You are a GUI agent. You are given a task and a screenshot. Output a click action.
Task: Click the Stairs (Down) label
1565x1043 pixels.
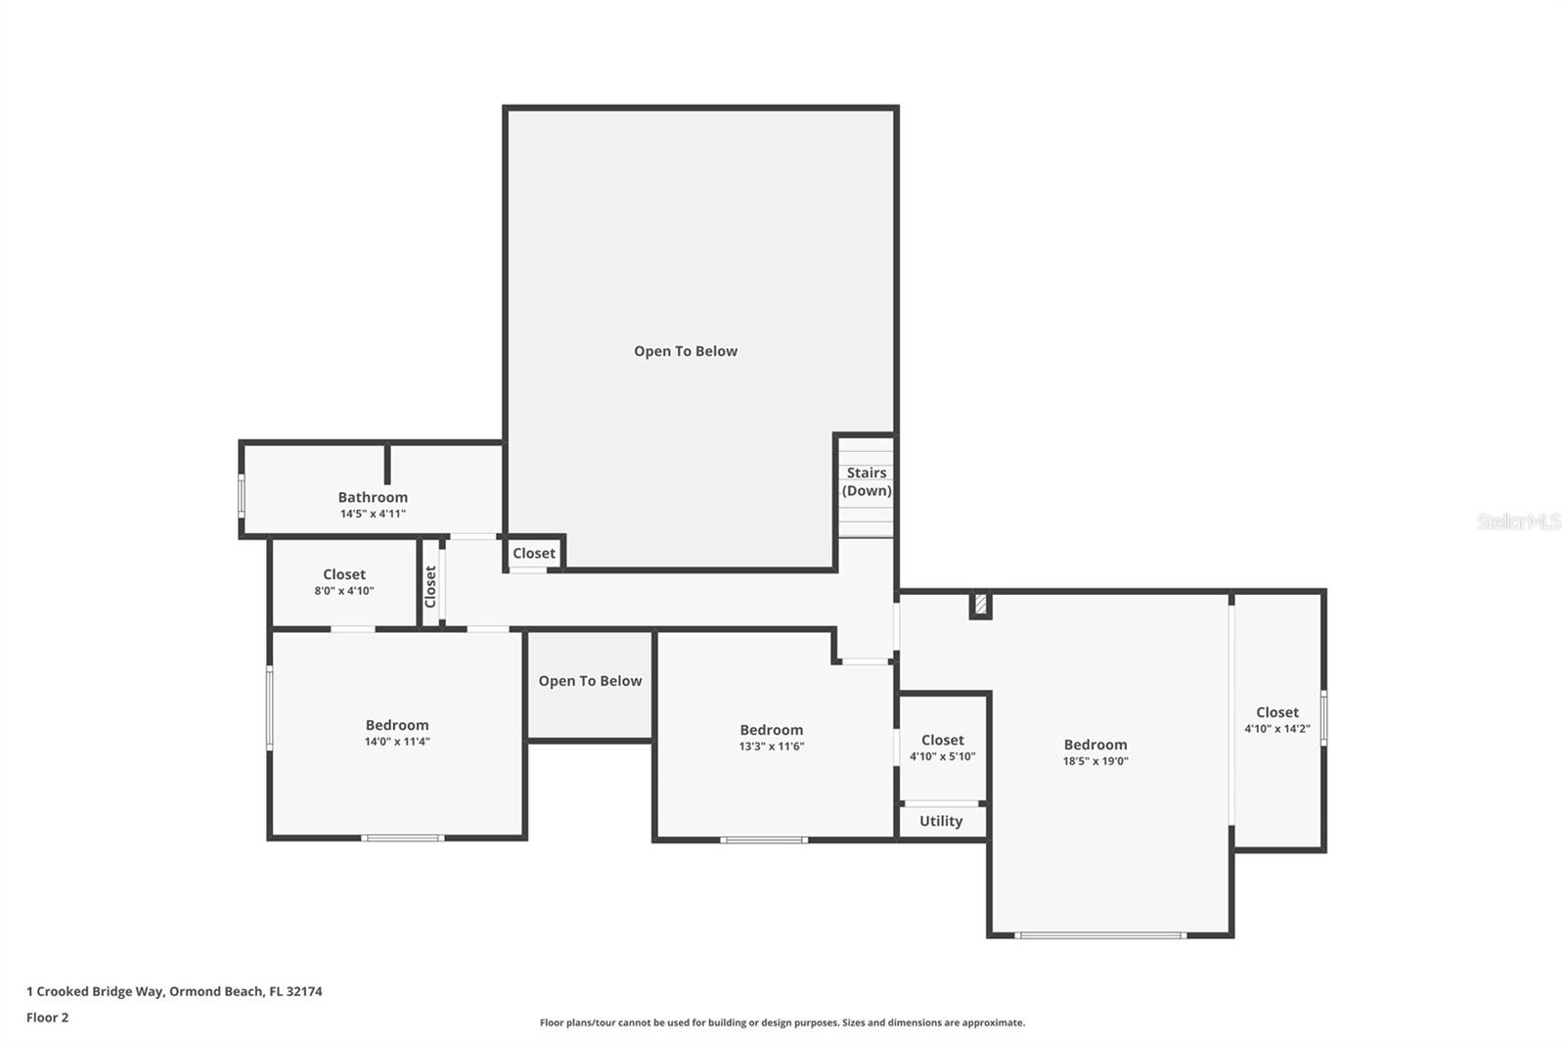click(867, 481)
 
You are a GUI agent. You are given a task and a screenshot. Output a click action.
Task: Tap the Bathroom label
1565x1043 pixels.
click(373, 497)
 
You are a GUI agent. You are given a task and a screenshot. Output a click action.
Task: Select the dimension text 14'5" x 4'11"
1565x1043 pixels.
click(373, 514)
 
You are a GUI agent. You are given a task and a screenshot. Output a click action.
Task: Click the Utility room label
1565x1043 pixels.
click(940, 821)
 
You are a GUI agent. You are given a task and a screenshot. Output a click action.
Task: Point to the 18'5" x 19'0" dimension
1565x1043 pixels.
click(1095, 761)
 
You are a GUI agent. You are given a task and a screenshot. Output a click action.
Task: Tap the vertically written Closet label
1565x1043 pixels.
click(430, 586)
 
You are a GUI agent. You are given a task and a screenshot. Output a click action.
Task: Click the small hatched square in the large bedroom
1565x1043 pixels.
click(980, 604)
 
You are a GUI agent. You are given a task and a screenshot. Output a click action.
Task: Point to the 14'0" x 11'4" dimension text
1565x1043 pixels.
click(397, 742)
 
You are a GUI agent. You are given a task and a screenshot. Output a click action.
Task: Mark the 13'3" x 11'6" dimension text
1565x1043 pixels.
click(772, 747)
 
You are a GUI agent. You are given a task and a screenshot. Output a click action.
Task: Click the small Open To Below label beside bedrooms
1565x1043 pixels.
click(590, 681)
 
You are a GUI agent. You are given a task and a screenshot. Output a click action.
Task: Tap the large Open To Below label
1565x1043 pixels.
click(686, 351)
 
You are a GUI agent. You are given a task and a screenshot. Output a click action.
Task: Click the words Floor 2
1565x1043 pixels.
click(48, 1018)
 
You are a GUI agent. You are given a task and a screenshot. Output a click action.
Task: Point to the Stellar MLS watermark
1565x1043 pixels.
click(1519, 521)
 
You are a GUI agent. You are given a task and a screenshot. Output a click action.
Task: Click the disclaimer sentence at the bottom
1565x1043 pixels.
click(782, 1022)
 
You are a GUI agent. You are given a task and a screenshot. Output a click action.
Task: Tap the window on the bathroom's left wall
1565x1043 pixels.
click(242, 496)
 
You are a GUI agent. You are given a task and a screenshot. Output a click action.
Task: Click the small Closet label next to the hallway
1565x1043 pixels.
click(534, 553)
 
